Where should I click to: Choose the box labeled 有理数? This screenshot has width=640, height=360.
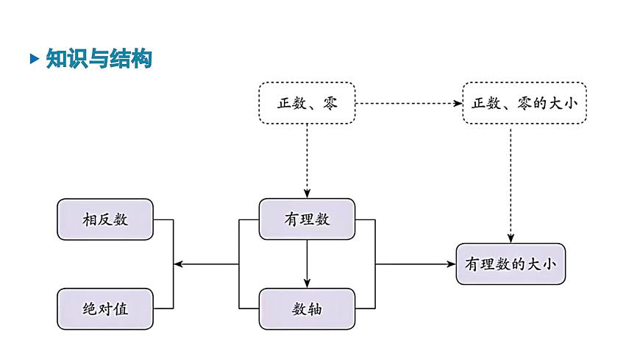click(307, 219)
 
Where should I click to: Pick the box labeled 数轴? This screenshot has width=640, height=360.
click(307, 308)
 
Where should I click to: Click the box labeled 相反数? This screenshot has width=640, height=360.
click(105, 219)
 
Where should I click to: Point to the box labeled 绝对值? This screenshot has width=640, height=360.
click(105, 308)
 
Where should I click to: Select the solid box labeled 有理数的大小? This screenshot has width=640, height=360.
click(511, 264)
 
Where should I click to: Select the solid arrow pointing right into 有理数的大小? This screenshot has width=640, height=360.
click(416, 264)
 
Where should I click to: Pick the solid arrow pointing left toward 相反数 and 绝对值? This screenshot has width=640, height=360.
click(206, 264)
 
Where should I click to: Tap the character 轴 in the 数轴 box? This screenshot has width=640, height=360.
click(315, 308)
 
